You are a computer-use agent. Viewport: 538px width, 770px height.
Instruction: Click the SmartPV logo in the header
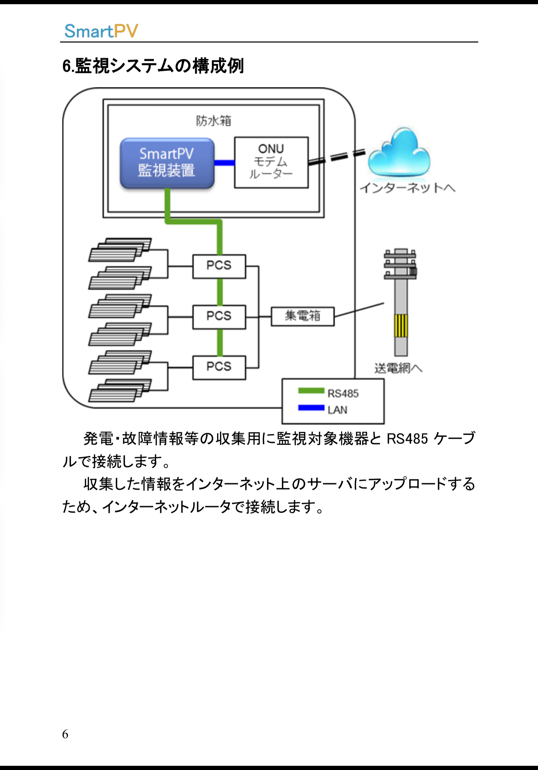(x=101, y=31)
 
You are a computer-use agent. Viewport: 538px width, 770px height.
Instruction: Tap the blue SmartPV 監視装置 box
(x=167, y=163)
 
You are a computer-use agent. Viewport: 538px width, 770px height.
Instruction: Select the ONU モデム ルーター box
(x=271, y=162)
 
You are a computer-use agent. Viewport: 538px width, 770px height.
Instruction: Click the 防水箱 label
(x=214, y=121)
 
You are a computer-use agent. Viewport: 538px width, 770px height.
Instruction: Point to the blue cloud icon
(x=399, y=153)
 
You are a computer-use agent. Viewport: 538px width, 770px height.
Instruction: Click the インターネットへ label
(x=407, y=188)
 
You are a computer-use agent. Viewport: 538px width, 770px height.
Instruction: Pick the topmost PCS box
(x=219, y=266)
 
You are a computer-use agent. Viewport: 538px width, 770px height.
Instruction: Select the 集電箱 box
(x=303, y=316)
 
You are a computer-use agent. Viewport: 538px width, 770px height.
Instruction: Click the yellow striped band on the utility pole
(x=401, y=325)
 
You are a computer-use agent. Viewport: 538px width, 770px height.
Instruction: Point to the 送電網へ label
(x=398, y=368)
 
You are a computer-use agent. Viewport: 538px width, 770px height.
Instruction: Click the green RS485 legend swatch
(x=311, y=391)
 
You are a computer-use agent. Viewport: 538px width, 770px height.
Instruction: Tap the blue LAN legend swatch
(x=311, y=408)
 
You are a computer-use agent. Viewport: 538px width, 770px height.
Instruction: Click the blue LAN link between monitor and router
(x=224, y=163)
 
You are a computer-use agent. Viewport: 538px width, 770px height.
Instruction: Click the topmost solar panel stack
(x=120, y=250)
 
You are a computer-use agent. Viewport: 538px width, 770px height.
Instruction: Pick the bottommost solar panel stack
(x=120, y=391)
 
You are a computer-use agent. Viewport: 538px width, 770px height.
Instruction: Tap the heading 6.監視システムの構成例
(x=153, y=66)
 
